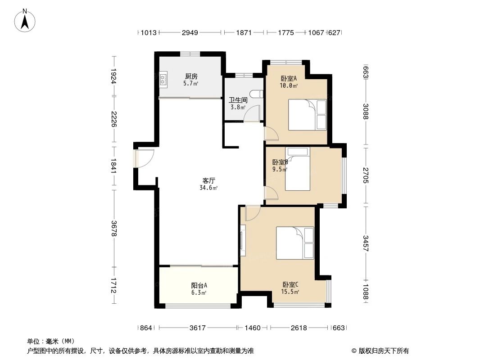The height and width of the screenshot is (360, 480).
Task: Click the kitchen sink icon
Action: point(163,80)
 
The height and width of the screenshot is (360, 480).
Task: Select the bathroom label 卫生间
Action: point(237,100)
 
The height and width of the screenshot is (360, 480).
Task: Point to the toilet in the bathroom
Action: point(258,94)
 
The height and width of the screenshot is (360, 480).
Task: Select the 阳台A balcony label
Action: point(199,285)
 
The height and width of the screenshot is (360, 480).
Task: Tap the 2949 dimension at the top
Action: point(190,32)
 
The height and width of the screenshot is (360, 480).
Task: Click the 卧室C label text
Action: point(290,284)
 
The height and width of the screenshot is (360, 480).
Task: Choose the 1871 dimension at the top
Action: point(244,32)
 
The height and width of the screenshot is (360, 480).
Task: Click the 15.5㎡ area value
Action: point(291,292)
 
